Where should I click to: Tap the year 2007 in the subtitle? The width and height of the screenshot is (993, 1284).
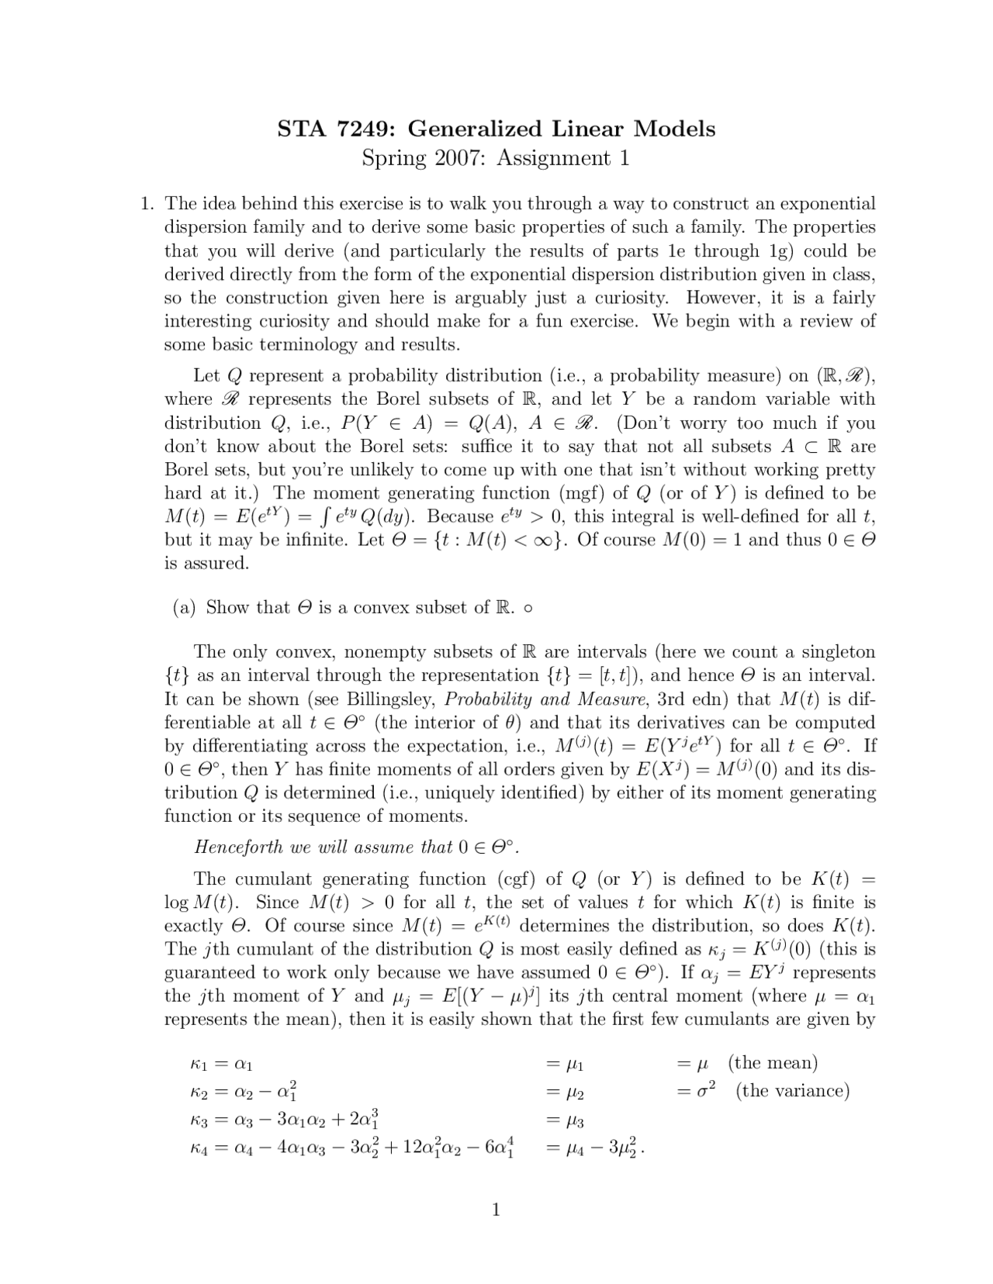[x=458, y=158]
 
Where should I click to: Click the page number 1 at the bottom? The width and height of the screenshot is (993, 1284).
[x=496, y=1210]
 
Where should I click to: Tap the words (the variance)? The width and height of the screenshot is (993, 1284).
[x=793, y=1091]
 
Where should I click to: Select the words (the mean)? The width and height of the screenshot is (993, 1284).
[x=773, y=1062]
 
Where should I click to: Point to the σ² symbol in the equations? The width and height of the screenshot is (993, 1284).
[x=704, y=1090]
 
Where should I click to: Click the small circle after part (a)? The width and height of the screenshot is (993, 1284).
[x=528, y=609]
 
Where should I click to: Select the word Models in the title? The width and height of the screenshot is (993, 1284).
[x=674, y=128]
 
